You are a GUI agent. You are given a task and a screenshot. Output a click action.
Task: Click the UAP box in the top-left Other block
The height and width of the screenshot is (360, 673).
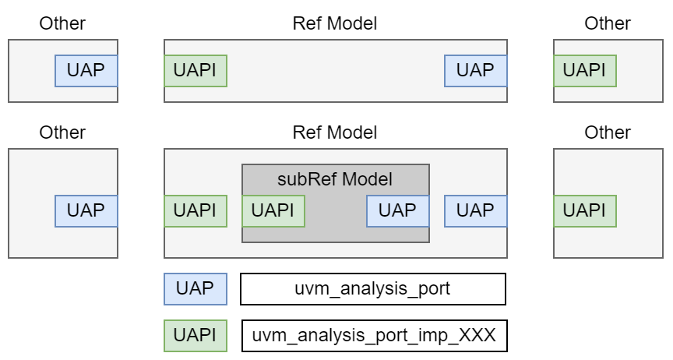click(86, 70)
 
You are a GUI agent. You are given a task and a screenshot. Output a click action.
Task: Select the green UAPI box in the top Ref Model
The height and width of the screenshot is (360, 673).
click(195, 70)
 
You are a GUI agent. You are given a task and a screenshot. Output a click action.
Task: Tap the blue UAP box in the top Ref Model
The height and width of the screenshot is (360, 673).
click(475, 70)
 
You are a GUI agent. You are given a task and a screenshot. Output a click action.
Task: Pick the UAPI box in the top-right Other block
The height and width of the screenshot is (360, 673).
click(584, 70)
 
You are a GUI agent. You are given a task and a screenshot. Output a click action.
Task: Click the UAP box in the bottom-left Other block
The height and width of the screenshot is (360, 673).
click(86, 210)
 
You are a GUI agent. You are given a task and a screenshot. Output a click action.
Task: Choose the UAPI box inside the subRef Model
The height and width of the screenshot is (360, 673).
click(273, 210)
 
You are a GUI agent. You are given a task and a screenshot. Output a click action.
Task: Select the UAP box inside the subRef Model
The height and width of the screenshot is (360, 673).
click(397, 210)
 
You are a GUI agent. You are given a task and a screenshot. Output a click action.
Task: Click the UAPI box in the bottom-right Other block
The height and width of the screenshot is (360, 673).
click(584, 210)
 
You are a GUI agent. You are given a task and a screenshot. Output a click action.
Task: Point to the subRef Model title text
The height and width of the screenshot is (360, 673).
click(335, 179)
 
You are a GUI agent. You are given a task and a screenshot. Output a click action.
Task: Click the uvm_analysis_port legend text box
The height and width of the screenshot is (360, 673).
click(373, 288)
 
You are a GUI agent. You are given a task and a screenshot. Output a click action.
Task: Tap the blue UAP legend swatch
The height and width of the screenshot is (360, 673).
click(195, 288)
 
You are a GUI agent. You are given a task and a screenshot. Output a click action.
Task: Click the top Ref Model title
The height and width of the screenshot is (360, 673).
click(335, 23)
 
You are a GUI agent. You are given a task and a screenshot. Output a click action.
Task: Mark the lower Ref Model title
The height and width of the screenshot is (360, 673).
click(335, 132)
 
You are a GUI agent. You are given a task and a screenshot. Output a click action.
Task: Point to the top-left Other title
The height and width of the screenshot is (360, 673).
click(62, 23)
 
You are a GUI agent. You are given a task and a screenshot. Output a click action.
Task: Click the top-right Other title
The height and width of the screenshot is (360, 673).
click(608, 23)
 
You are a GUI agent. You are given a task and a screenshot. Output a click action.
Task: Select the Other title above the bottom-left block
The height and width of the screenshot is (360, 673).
click(62, 132)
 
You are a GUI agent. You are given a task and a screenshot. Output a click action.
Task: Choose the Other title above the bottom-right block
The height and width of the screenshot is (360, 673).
click(608, 132)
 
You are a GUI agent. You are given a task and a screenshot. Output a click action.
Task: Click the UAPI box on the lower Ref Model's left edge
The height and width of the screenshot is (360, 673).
click(195, 210)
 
